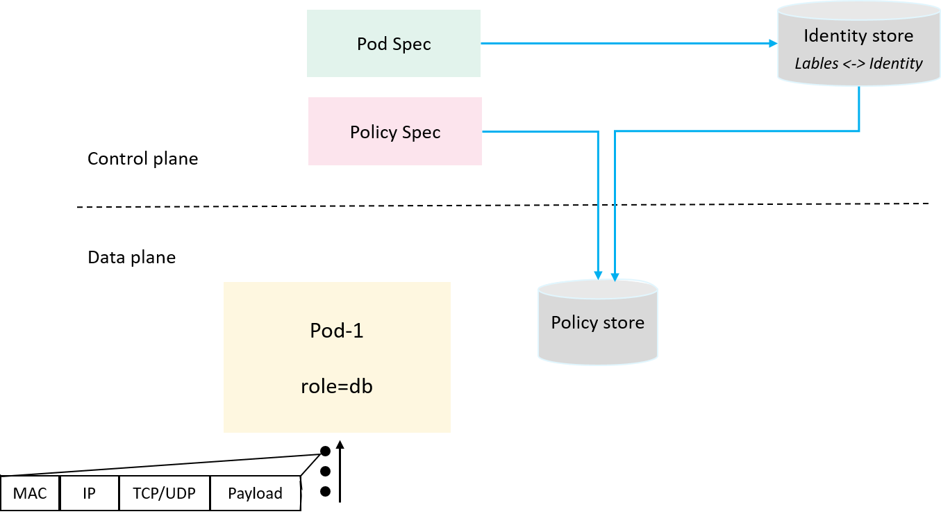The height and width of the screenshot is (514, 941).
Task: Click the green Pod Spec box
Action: point(393,43)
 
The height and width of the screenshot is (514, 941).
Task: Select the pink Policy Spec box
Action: point(394,131)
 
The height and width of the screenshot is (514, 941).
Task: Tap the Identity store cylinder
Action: point(858,45)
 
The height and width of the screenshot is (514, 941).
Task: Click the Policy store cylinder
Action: point(597,322)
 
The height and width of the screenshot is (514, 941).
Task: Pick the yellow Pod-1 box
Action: point(337,357)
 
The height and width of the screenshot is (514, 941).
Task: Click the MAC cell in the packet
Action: point(30,493)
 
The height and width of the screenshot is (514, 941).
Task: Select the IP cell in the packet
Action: point(89,493)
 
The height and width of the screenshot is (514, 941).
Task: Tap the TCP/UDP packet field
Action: point(164,493)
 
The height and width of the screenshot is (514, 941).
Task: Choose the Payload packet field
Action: point(255,493)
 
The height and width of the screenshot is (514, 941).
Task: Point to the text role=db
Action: point(337,386)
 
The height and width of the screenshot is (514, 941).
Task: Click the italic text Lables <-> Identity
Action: point(858,63)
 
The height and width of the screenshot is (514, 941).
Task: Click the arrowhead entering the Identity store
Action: point(772,43)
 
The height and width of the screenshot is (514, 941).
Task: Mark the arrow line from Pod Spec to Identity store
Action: point(625,43)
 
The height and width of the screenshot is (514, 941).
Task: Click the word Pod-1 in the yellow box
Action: point(337,331)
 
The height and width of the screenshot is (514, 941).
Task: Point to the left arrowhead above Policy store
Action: point(597,275)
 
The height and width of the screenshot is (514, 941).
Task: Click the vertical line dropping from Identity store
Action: point(860,108)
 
